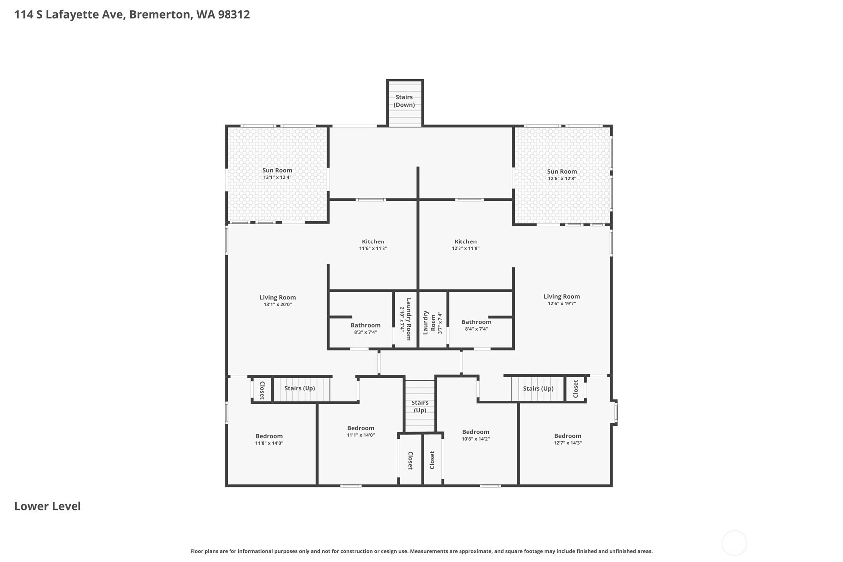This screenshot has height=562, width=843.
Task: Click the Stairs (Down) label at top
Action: pyautogui.click(x=404, y=101)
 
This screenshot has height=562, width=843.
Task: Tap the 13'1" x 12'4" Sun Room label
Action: pyautogui.click(x=277, y=174)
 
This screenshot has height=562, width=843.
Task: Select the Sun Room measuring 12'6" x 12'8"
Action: pyautogui.click(x=562, y=175)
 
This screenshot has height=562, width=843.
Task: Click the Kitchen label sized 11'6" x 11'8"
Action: pyautogui.click(x=373, y=245)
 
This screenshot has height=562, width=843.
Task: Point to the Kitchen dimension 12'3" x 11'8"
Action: pyautogui.click(x=465, y=248)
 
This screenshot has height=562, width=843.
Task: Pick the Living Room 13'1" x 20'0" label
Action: pyautogui.click(x=277, y=301)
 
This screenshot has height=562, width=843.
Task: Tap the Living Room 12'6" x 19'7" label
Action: pyautogui.click(x=561, y=300)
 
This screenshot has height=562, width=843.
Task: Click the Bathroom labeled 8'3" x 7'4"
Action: pyautogui.click(x=365, y=328)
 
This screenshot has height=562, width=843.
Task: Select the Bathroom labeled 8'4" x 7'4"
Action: pyautogui.click(x=476, y=325)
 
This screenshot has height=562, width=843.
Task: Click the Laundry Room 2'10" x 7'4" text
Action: pyautogui.click(x=406, y=319)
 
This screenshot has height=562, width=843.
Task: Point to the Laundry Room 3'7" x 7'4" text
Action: pyautogui.click(x=432, y=322)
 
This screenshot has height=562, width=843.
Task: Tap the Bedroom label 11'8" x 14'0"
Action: pyautogui.click(x=269, y=439)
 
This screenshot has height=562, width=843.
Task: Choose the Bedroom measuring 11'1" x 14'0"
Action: pyautogui.click(x=361, y=431)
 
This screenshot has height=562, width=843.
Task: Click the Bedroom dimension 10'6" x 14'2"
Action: pyautogui.click(x=475, y=439)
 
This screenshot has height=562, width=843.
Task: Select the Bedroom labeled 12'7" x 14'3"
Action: pyautogui.click(x=567, y=439)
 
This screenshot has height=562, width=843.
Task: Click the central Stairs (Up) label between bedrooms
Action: pyautogui.click(x=420, y=406)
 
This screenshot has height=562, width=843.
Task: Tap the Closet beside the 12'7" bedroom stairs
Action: pyautogui.click(x=575, y=388)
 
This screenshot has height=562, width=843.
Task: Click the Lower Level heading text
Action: pyautogui.click(x=48, y=506)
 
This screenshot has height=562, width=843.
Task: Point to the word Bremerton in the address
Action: pyautogui.click(x=159, y=14)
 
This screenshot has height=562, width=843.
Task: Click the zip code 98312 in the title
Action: pyautogui.click(x=233, y=14)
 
